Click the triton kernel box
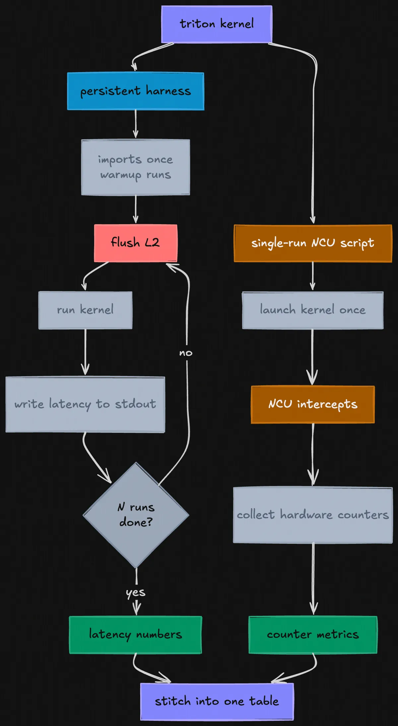(217, 24)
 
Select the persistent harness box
(135, 91)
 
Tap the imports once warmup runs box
(135, 167)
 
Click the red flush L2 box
(135, 243)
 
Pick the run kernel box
(85, 310)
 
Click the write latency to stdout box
(85, 404)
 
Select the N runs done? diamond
(136, 515)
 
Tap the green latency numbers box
(135, 635)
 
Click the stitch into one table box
(217, 702)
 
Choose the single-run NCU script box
(313, 243)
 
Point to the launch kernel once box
(313, 310)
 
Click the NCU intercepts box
(313, 404)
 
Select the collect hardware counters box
(313, 515)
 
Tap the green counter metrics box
(313, 635)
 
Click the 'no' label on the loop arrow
(186, 353)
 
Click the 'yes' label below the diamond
(136, 592)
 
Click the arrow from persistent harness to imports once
(135, 124)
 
